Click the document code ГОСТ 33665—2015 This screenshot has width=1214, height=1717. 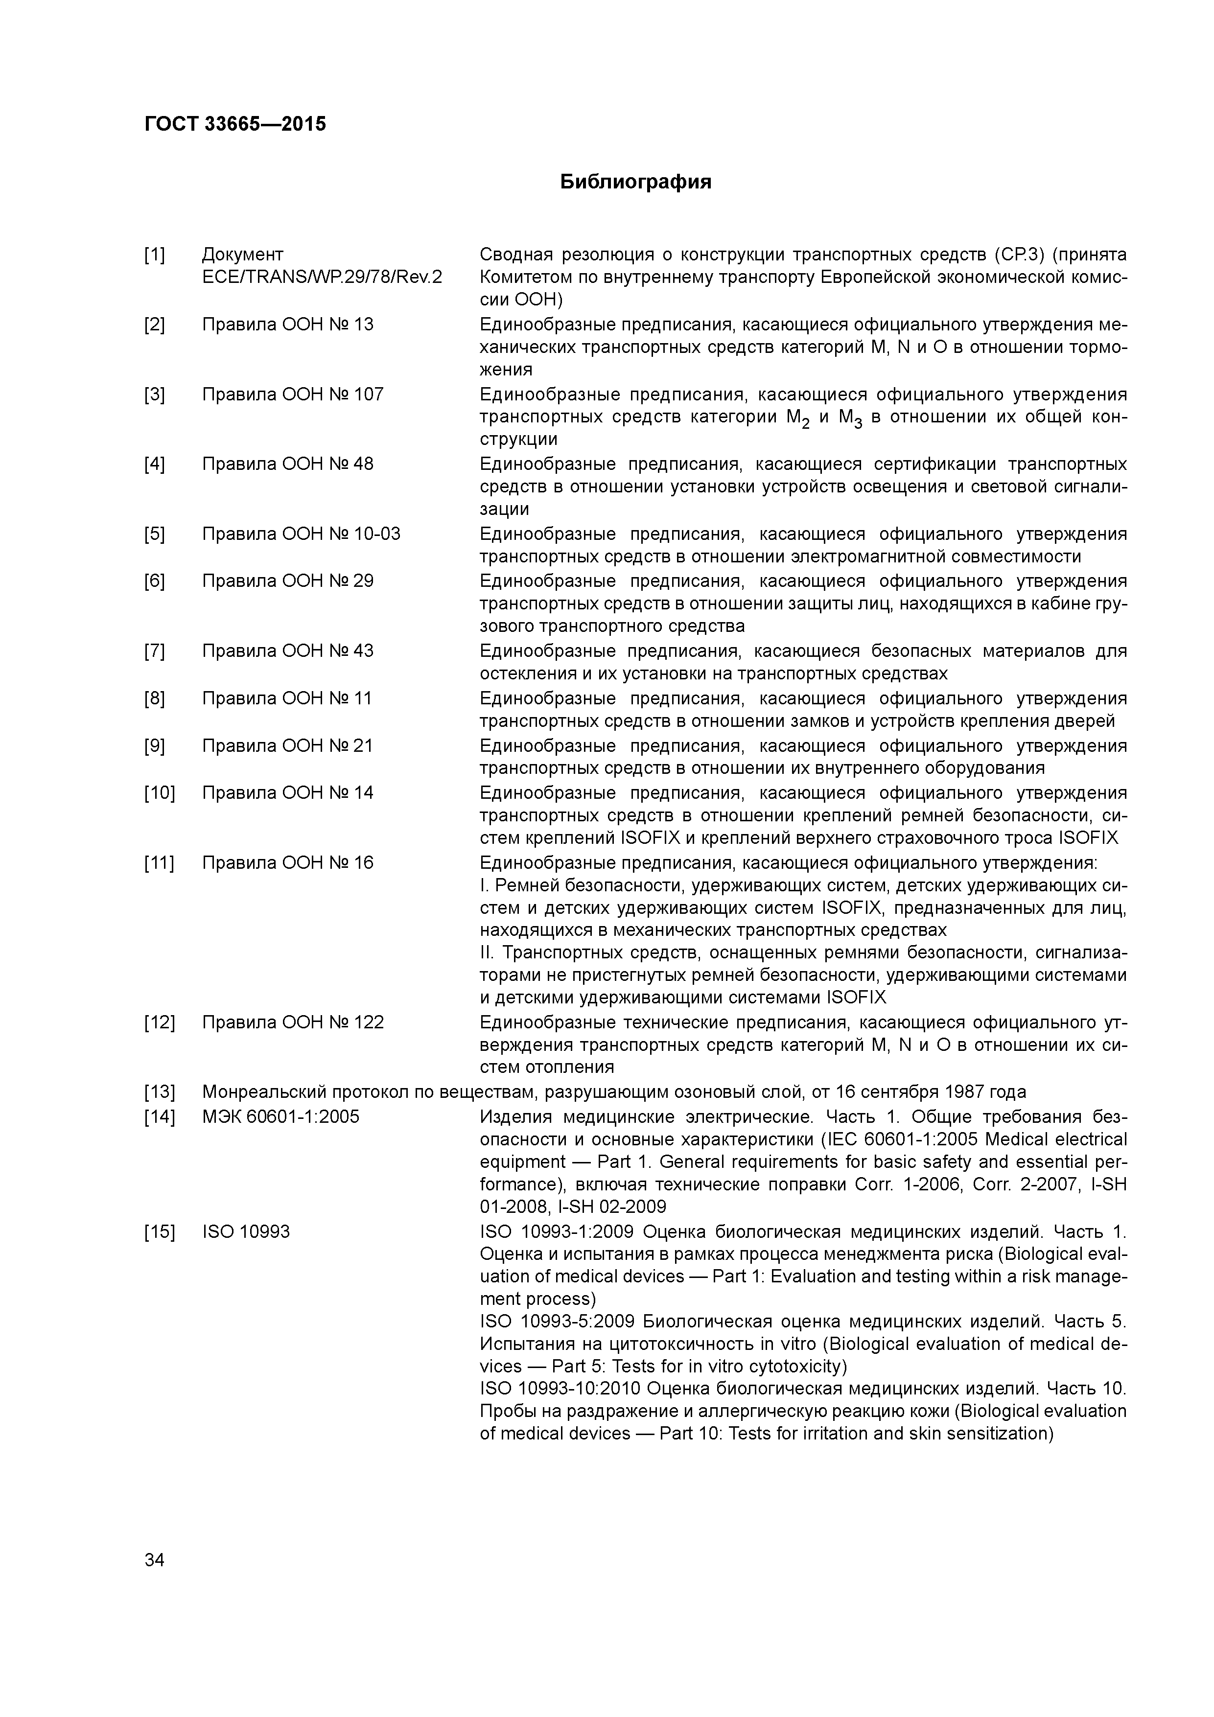click(x=235, y=124)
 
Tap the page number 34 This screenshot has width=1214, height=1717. click(x=154, y=1560)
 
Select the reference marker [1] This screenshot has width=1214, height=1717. click(x=154, y=255)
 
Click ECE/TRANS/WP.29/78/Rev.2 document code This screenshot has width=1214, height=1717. click(x=322, y=278)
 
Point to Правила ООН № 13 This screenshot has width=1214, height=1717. click(x=287, y=325)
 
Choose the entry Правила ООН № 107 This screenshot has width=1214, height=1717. click(x=292, y=394)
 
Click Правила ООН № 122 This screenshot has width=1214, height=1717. click(x=292, y=1022)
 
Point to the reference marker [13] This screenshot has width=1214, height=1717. click(x=159, y=1092)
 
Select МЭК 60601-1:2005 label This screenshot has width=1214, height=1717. click(x=280, y=1116)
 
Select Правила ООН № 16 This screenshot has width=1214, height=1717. click(x=287, y=863)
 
